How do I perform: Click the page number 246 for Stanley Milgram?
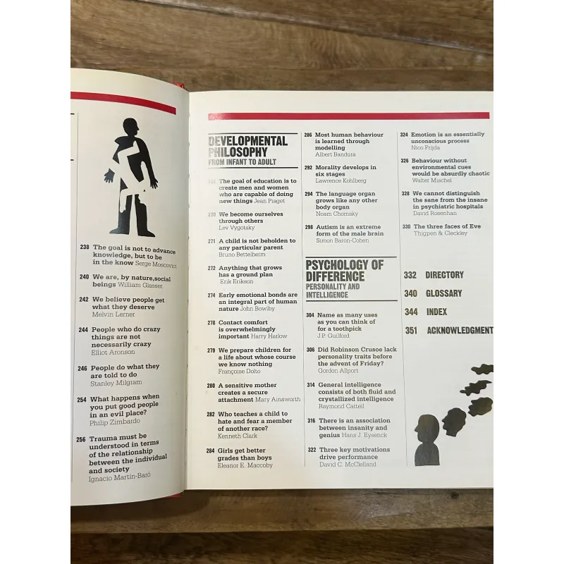[x=82, y=368]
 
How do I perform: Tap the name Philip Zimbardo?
[x=116, y=422]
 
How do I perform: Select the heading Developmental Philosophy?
[x=248, y=147]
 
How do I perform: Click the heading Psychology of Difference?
[x=345, y=271]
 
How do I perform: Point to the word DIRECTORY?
[x=445, y=275]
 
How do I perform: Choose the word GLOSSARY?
[x=444, y=293]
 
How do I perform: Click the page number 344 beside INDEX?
[x=411, y=312]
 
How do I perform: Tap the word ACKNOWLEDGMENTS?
[x=460, y=330]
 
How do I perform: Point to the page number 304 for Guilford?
[x=310, y=316]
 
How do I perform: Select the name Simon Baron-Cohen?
[x=345, y=240]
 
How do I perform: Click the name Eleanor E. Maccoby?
[x=245, y=465]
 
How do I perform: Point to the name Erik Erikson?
[x=235, y=281]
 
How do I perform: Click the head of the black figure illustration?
[x=130, y=128]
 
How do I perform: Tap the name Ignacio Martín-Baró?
[x=120, y=478]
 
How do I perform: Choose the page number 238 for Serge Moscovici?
[x=85, y=247]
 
